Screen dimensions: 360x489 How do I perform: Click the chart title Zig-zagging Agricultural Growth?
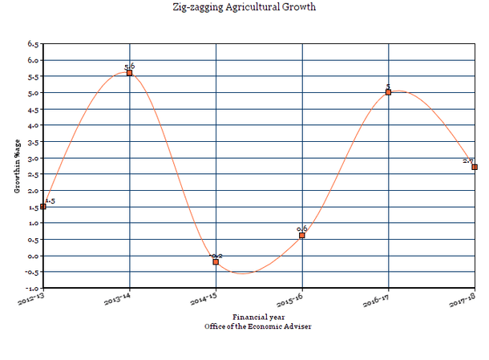pos(244,7)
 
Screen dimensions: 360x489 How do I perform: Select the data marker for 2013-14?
pos(129,73)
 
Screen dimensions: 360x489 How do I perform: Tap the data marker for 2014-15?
pos(216,262)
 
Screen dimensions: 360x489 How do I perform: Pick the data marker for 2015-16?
pos(302,236)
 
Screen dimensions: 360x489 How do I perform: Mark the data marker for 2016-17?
pos(389,92)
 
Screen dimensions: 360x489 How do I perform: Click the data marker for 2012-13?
pos(43,207)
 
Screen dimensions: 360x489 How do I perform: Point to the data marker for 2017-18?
pos(475,167)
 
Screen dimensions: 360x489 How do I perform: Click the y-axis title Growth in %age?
pos(16,164)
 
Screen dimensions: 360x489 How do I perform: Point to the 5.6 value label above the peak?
pos(129,67)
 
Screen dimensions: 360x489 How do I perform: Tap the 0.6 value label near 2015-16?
pos(302,229)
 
